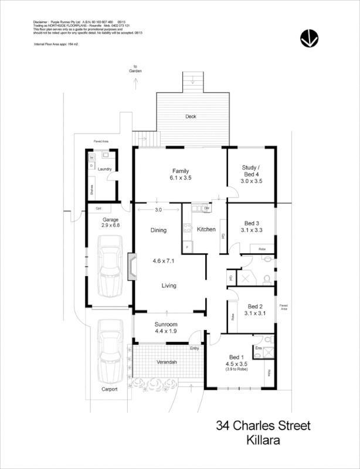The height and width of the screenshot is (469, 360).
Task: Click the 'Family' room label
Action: (x=180, y=170)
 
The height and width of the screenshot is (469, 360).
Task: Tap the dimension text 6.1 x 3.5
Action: (x=180, y=178)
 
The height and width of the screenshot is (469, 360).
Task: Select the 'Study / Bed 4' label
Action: (x=251, y=170)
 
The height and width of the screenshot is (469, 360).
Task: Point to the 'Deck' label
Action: (x=191, y=117)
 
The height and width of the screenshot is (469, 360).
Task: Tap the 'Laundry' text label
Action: (x=105, y=169)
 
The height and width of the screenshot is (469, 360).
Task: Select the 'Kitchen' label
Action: (x=206, y=229)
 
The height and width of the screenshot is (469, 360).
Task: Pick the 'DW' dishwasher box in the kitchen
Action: (x=207, y=208)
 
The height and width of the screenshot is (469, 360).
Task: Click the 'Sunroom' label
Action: (x=166, y=324)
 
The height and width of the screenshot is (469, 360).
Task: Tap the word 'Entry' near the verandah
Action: (x=194, y=349)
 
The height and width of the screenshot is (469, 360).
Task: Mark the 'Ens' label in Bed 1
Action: (x=259, y=348)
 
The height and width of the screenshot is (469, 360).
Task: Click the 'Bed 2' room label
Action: (x=255, y=306)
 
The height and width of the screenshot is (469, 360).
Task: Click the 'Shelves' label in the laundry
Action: (x=91, y=190)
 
